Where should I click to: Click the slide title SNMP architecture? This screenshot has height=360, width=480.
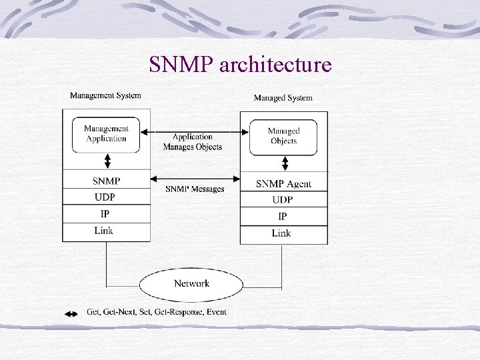coord(240,65)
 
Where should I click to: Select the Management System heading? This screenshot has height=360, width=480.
coord(105,95)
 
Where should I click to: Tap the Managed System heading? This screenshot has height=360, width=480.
coord(283,98)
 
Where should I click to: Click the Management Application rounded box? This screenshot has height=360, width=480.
coord(106,134)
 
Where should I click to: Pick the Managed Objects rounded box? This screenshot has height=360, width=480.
coord(283,137)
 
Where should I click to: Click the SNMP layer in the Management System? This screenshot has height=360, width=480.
coord(106,181)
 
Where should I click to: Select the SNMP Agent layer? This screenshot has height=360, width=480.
coord(283,183)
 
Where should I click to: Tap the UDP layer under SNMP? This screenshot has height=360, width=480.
coord(106,197)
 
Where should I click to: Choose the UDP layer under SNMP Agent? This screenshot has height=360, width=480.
coord(283,199)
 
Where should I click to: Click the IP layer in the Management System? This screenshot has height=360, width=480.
coord(106,214)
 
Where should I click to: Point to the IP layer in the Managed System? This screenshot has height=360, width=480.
coord(283,216)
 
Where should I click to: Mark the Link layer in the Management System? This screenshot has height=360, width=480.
coord(106,231)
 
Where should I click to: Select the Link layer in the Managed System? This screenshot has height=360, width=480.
coord(283,233)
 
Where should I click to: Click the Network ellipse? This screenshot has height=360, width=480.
coord(191,284)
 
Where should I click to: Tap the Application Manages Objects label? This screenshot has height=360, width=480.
coord(192,142)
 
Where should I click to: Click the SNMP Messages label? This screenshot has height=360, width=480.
coord(195,189)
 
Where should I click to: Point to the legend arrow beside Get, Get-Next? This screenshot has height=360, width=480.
coord(71,313)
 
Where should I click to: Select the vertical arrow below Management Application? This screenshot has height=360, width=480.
coord(106,161)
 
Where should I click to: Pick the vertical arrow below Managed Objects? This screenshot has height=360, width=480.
coord(285,164)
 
